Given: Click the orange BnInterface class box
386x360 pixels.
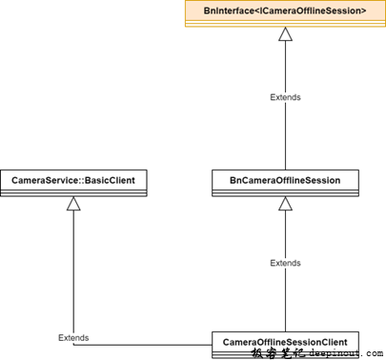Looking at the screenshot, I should click(x=285, y=14).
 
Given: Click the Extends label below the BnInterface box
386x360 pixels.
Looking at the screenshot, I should click(x=285, y=98).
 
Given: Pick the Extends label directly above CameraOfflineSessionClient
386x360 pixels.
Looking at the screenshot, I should click(x=285, y=263).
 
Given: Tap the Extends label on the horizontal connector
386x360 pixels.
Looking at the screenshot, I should click(x=73, y=338).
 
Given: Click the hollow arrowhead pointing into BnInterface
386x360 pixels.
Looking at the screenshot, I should click(x=285, y=34).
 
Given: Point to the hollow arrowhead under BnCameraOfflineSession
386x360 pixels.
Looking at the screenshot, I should click(x=285, y=204).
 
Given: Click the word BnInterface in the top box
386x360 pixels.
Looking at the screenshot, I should click(x=230, y=10).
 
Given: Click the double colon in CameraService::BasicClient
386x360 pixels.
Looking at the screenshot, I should click(x=78, y=179).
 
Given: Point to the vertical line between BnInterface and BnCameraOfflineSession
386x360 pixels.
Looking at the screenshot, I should click(x=285, y=133).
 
